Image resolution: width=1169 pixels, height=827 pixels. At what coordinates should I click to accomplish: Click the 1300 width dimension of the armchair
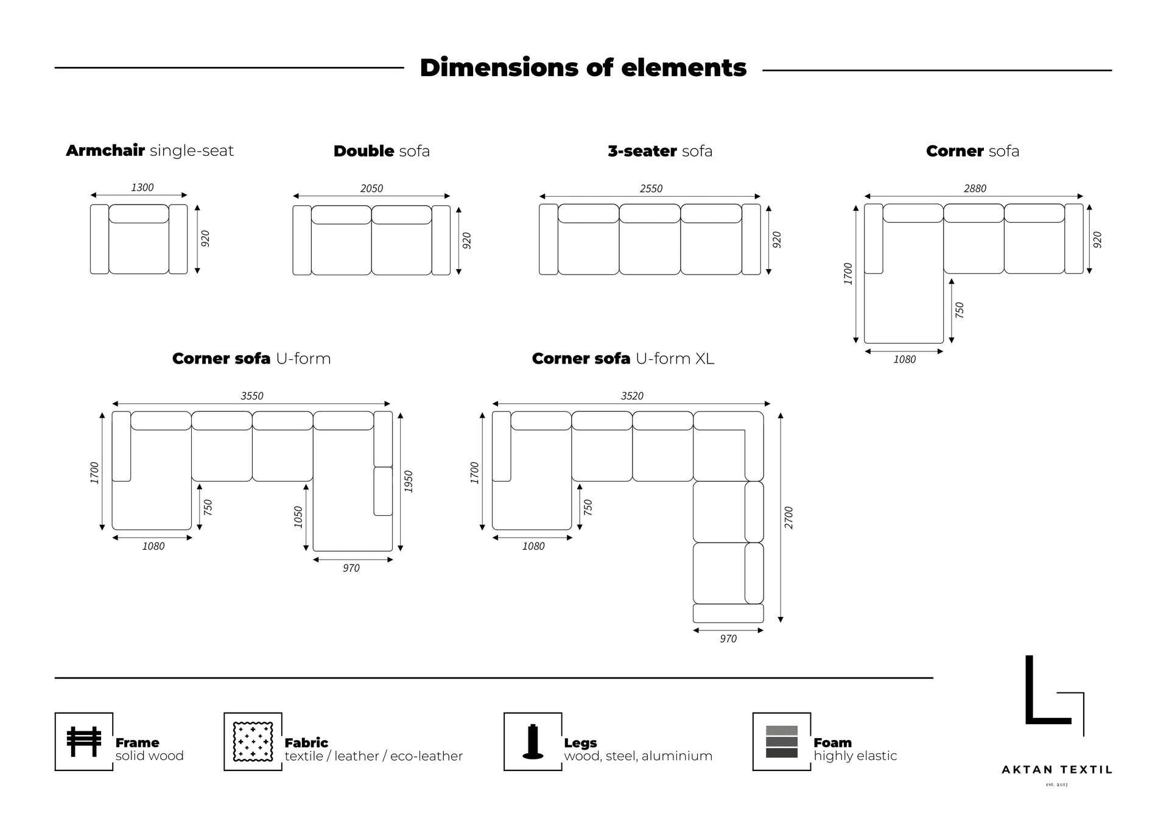click(x=142, y=188)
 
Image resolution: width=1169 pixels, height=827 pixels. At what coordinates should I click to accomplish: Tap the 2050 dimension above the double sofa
click(x=371, y=189)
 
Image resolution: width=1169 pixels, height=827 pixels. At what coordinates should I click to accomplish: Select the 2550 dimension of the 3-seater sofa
click(x=651, y=189)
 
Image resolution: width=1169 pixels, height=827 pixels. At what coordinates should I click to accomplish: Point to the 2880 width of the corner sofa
click(x=975, y=189)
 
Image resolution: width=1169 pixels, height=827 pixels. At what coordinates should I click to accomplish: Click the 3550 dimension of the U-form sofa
click(x=252, y=396)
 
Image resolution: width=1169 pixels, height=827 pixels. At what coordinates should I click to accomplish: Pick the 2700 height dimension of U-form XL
click(x=789, y=518)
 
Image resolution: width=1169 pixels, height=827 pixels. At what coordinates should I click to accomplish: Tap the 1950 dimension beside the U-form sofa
click(x=409, y=482)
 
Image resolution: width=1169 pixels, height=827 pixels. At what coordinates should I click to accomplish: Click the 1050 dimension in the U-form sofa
click(x=298, y=517)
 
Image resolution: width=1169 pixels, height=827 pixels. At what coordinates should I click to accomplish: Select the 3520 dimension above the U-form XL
click(x=632, y=396)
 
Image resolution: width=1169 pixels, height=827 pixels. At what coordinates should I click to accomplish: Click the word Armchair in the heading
click(x=105, y=151)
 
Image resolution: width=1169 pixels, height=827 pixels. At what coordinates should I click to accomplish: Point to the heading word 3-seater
click(x=642, y=151)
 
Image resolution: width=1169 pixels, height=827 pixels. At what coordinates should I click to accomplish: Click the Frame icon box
click(x=84, y=742)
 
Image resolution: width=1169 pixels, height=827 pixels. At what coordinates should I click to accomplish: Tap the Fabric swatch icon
click(x=253, y=742)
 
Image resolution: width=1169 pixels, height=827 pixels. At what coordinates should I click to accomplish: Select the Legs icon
click(x=533, y=742)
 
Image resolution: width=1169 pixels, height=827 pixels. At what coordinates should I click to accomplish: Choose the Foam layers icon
click(x=782, y=742)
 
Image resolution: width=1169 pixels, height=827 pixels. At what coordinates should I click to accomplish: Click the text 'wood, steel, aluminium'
click(x=638, y=756)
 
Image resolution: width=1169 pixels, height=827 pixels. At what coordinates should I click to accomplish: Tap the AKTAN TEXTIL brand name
click(x=1057, y=770)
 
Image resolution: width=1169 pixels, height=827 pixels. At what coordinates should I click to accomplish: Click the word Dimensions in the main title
click(x=499, y=68)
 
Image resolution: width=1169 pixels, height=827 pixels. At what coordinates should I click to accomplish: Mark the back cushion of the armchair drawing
click(x=139, y=214)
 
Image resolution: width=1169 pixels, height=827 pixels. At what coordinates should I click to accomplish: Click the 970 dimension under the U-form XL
click(x=728, y=639)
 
